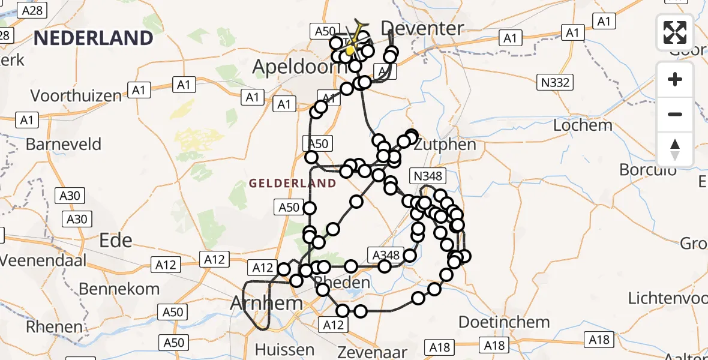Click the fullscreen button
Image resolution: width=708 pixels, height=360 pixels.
coord(675,32)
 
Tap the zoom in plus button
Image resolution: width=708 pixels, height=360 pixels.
coord(675,79)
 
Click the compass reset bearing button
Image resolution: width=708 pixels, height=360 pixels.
coord(675,149)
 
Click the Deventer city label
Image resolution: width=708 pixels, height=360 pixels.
coord(422,28)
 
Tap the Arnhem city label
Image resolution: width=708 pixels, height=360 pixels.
coord(267,303)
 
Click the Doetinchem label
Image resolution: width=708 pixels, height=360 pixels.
coord(504,322)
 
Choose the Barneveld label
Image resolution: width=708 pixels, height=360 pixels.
coord(64,145)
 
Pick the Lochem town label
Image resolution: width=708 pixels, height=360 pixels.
coord(583,125)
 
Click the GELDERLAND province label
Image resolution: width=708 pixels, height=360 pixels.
coord(292,183)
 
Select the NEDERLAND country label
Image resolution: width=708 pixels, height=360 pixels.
coord(93,38)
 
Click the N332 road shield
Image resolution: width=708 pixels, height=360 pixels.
coord(554,82)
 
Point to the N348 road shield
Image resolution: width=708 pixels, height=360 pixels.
coord(428,176)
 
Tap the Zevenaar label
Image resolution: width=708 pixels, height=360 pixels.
coord(372,352)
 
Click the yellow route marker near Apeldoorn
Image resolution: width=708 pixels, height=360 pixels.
coord(350,50)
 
